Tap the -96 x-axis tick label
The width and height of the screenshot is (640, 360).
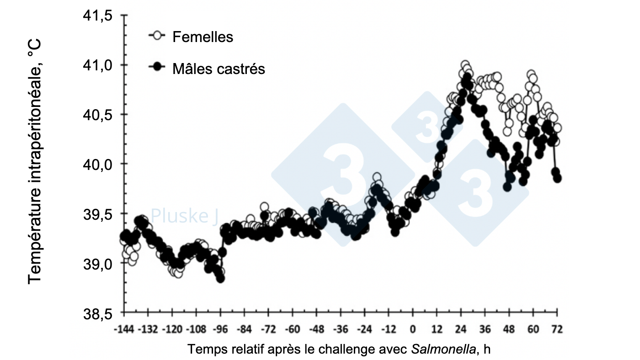pos(220,329)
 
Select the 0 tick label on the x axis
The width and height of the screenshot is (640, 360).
pos(413,329)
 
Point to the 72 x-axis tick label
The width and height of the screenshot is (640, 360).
pos(557,329)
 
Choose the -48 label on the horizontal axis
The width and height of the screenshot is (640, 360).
pos(316,329)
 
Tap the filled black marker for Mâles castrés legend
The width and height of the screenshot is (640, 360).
pos(158,67)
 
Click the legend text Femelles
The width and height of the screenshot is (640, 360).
pos(203,37)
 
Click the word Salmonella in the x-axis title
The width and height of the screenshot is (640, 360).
pos(443,349)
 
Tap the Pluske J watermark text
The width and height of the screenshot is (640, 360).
pos(185,216)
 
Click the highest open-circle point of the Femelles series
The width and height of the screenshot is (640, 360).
pos(465,65)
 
